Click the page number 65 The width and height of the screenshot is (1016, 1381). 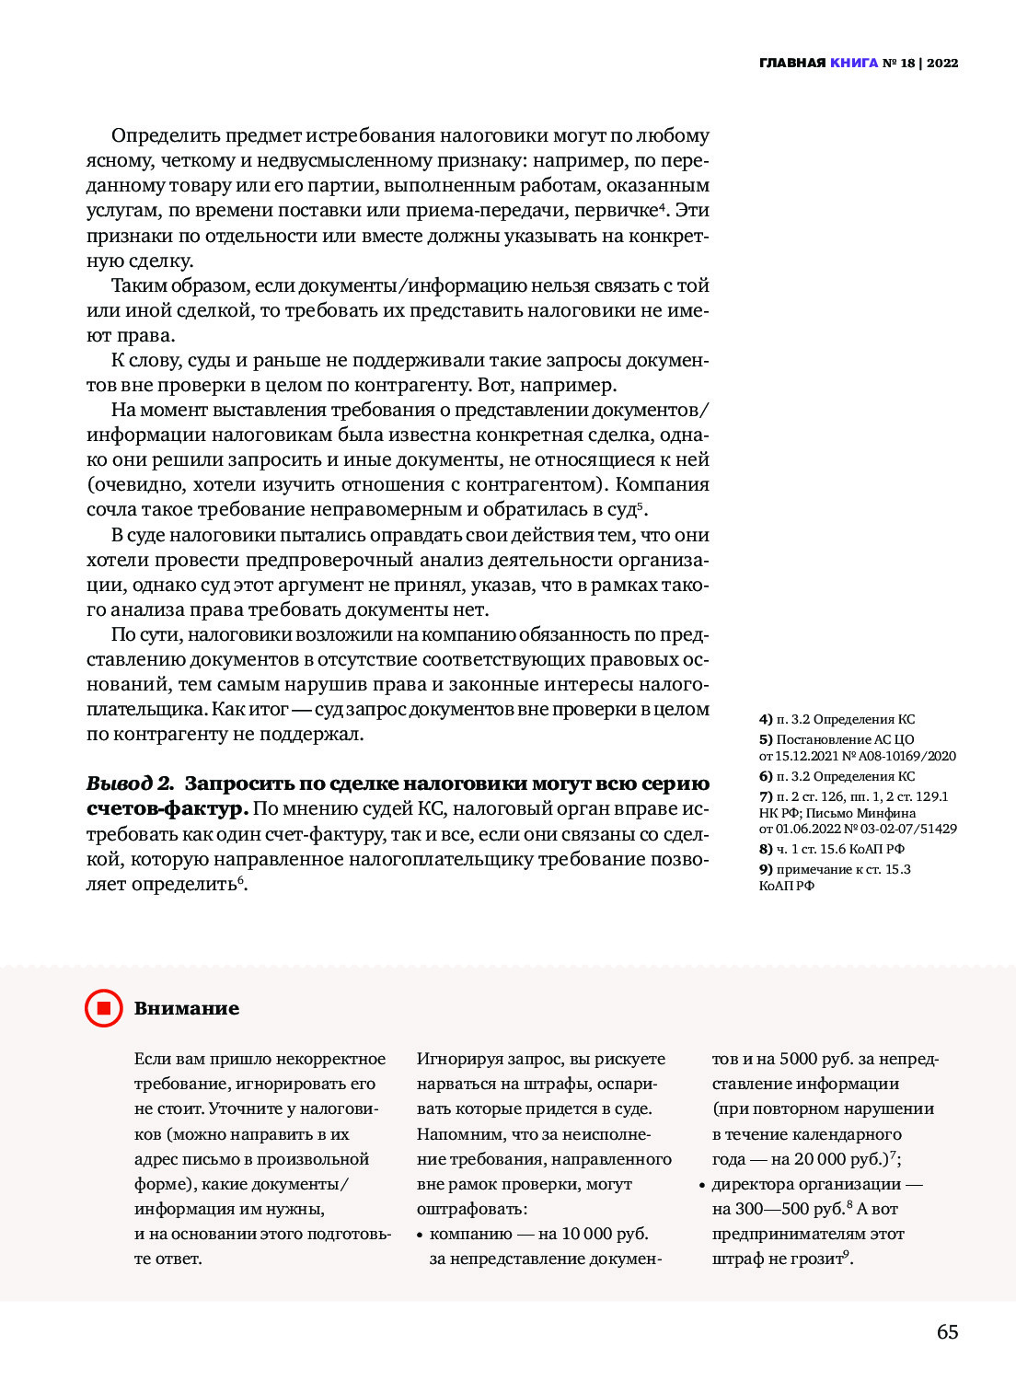tap(947, 1331)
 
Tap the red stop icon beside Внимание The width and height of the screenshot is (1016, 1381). tap(103, 1008)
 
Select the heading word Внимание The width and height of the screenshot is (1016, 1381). tap(187, 1008)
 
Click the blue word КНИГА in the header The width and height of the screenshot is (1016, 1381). tap(853, 63)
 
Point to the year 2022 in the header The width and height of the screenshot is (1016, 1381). tap(942, 63)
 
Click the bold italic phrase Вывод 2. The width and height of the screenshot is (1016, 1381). tap(130, 783)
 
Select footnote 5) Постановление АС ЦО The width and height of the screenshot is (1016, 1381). tap(837, 739)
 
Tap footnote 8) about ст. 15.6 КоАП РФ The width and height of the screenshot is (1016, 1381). tap(832, 849)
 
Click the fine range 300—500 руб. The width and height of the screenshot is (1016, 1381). tap(791, 1209)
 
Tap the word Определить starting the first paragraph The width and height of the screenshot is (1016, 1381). tap(166, 135)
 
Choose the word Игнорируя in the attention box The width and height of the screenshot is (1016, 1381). tap(460, 1059)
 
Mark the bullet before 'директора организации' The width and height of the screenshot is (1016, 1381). tap(702, 1185)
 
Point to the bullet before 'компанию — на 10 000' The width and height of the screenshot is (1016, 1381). tap(420, 1235)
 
